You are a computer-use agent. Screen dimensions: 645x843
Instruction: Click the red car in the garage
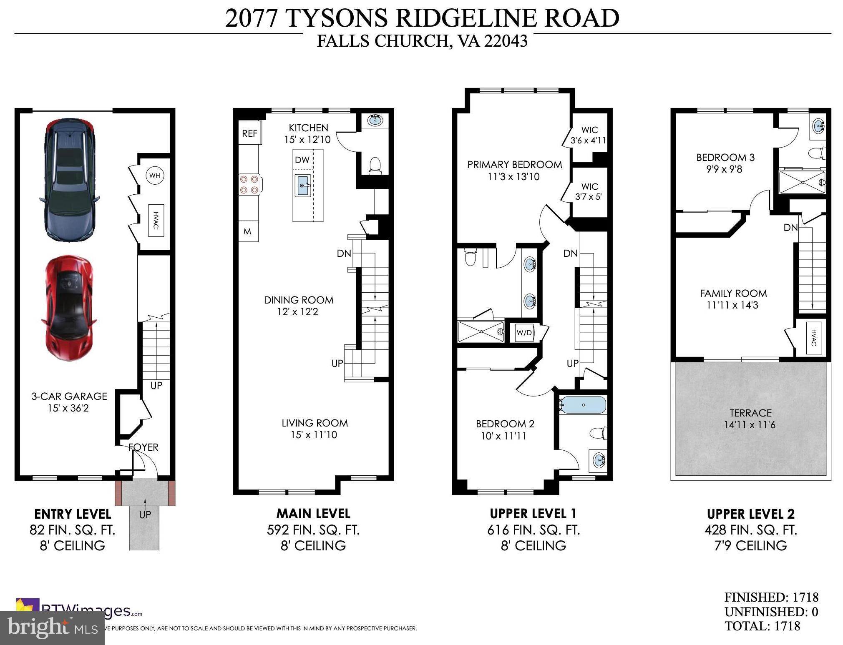pos(69,308)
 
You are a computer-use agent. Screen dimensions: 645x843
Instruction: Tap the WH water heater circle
pos(155,176)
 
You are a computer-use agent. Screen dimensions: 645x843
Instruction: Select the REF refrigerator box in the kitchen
pos(249,133)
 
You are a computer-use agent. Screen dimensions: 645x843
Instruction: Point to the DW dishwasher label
pos(302,160)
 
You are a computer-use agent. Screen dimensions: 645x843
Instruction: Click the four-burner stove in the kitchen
pos(249,185)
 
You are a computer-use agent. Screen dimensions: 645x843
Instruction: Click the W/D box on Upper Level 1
pos(524,332)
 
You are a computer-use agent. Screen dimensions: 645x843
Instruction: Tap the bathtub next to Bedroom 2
pos(583,404)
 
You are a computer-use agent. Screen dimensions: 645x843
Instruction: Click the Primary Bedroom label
pos(514,164)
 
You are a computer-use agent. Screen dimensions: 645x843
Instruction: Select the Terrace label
pos(750,413)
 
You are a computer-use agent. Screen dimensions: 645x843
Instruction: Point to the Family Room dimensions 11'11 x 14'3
pos(732,305)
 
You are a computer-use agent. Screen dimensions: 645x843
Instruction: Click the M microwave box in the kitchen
pos(248,231)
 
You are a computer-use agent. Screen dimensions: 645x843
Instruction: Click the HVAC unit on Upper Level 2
pos(813,338)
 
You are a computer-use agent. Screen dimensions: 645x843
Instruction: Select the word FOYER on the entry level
pos(143,447)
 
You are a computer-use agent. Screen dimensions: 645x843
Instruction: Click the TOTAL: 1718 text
pos(762,626)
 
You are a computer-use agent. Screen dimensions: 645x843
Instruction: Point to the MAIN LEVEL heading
pos(313,513)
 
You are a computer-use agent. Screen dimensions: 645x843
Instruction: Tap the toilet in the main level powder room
pos(375,165)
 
